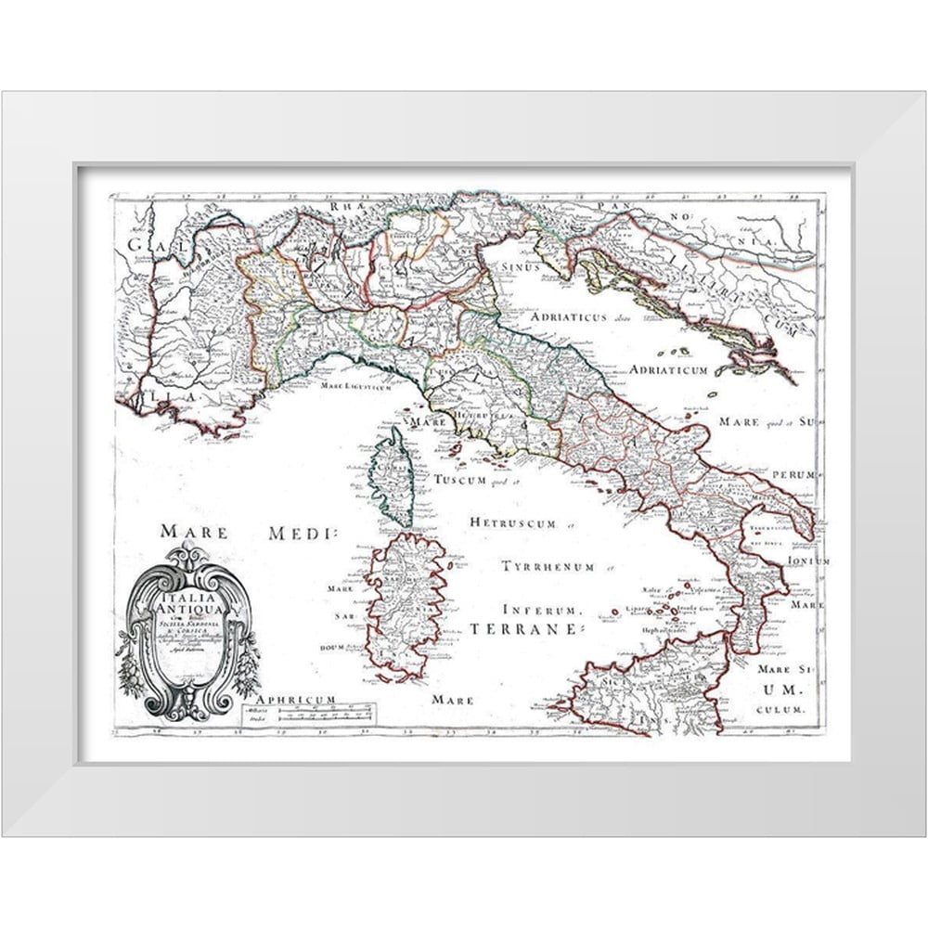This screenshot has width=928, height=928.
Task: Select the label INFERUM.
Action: point(542,610)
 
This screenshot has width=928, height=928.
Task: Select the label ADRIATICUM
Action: point(669,369)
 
